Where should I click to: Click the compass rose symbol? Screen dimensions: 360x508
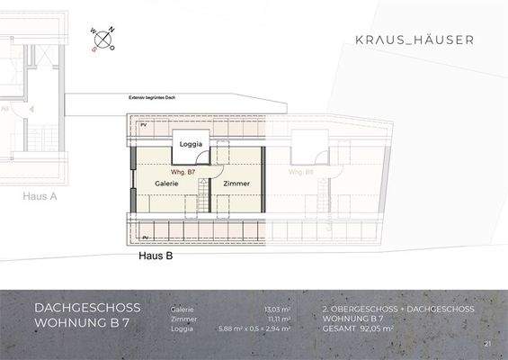(x=102, y=40)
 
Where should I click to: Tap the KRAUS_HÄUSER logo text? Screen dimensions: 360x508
(x=415, y=40)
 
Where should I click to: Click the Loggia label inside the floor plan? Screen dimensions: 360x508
(x=192, y=144)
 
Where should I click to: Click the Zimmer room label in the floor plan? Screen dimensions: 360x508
(x=236, y=183)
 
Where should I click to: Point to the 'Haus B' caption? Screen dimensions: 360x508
(x=156, y=255)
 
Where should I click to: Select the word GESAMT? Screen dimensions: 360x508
(x=341, y=329)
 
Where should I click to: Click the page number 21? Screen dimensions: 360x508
(x=487, y=344)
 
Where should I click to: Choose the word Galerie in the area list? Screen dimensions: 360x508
(x=182, y=309)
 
